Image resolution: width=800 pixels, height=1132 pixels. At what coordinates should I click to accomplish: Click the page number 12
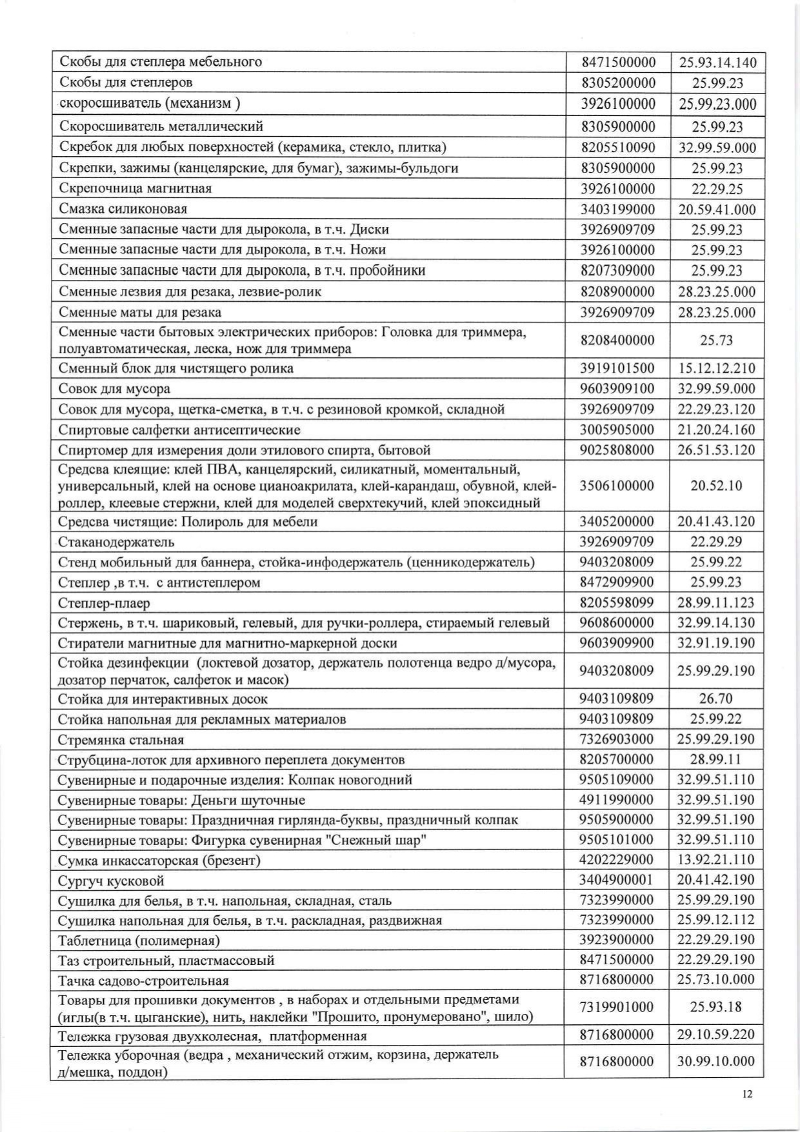click(x=748, y=1094)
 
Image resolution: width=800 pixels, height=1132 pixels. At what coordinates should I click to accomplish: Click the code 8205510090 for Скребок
click(x=618, y=148)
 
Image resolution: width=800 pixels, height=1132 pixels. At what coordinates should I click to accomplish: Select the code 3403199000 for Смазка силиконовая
click(x=617, y=210)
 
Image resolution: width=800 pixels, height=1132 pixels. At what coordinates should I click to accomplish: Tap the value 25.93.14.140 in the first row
click(x=717, y=63)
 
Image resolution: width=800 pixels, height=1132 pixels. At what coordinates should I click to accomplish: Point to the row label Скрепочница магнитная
click(x=135, y=189)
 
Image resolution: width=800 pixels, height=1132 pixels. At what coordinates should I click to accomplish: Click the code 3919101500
click(x=617, y=369)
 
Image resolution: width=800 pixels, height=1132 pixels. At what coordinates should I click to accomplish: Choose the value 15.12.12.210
click(x=716, y=369)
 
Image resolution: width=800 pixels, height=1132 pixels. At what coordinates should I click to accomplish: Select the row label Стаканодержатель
click(x=116, y=542)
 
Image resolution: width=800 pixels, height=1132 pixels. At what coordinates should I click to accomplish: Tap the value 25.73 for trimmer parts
click(x=716, y=341)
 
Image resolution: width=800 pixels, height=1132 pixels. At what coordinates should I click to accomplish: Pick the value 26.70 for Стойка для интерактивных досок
click(x=716, y=699)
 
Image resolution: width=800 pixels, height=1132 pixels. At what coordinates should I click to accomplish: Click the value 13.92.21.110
click(x=716, y=860)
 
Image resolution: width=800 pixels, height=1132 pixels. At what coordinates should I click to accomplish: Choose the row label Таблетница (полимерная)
click(x=139, y=940)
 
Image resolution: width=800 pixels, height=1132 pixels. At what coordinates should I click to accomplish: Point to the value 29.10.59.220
click(x=716, y=1035)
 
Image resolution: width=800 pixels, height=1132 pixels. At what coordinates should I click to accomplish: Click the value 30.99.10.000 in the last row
click(x=716, y=1062)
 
